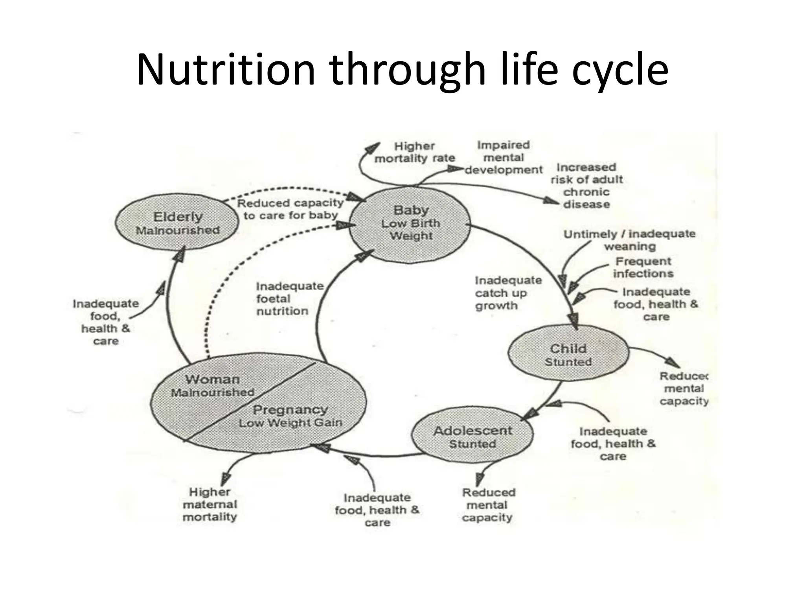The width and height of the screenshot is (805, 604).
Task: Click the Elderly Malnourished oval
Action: pos(177,222)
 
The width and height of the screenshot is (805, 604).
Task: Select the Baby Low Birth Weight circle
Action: pos(410,224)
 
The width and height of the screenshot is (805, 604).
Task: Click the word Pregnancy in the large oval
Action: pos(290,410)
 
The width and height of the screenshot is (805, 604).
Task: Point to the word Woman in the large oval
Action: pos(212,379)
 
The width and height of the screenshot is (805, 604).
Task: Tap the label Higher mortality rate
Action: pos(415,152)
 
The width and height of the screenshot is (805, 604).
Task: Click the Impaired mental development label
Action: pos(504,157)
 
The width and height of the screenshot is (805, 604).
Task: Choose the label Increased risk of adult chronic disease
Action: pos(586,186)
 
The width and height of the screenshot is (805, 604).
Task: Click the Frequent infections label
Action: pos(643,267)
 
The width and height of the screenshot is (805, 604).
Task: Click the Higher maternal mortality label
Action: pos(210,504)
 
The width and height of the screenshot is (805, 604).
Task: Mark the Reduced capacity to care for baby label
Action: pos(290,209)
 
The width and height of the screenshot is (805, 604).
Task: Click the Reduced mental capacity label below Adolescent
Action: pos(488,505)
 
